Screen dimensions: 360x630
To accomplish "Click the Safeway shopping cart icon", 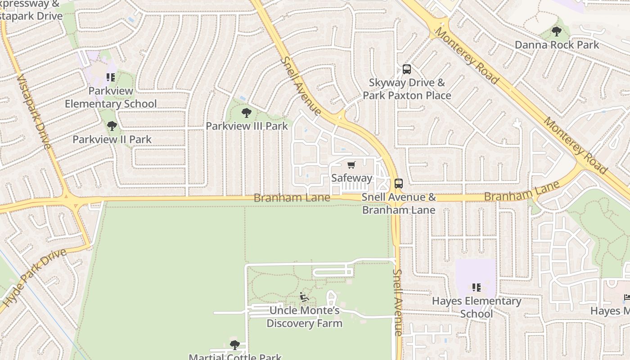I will (351, 165).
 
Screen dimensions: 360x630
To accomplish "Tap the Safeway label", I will (351, 178).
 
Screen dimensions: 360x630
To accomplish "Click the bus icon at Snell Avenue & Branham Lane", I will (399, 183).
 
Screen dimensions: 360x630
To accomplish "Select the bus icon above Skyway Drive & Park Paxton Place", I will (406, 69).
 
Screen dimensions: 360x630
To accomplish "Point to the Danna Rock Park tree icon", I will (557, 31).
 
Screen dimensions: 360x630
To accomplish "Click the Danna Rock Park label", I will (557, 45).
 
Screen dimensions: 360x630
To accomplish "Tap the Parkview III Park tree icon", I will (246, 112).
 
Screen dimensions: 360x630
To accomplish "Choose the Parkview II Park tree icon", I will (112, 126).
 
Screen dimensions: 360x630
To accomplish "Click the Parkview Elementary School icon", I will (111, 77).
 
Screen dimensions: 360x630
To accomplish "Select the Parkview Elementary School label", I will (111, 97).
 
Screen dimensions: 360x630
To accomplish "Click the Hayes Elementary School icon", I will (477, 287).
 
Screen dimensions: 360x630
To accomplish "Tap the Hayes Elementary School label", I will (477, 307).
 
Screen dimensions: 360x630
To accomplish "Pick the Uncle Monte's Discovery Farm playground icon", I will (304, 297).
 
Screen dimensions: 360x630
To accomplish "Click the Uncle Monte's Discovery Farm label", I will (304, 317).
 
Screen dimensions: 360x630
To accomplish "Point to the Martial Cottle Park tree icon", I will (234, 345).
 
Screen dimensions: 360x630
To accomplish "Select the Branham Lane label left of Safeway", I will (292, 198).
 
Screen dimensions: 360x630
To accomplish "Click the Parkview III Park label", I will (247, 126).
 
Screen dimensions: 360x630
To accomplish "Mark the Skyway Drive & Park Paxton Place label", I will (407, 89).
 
